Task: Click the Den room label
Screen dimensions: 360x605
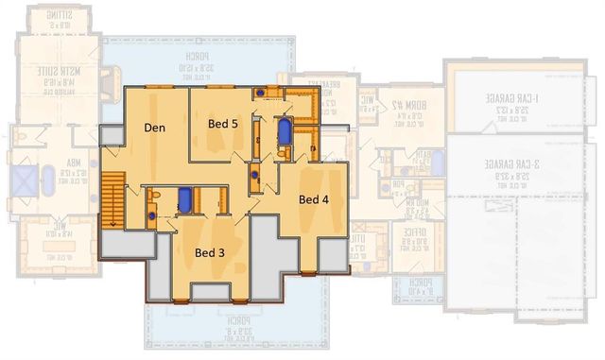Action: click(x=156, y=127)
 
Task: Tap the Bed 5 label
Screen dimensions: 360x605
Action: click(x=224, y=122)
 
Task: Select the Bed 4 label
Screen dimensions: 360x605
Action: click(x=314, y=199)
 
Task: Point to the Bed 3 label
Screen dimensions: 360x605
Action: click(x=210, y=252)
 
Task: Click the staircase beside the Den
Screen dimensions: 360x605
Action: click(x=112, y=199)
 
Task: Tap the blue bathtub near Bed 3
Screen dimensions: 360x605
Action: click(x=186, y=199)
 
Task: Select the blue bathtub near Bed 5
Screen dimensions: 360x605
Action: click(x=284, y=131)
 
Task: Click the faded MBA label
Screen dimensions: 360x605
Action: click(x=76, y=171)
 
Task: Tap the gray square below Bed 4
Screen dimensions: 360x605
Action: click(x=333, y=253)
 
